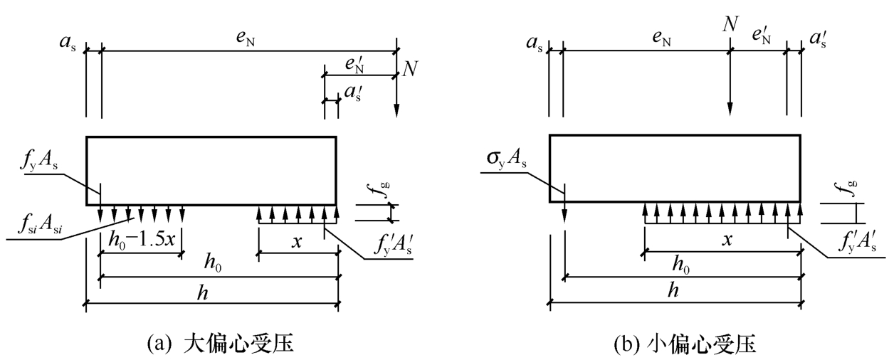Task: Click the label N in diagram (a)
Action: (411, 69)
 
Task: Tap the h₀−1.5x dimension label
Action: (142, 239)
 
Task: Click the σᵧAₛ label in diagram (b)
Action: (507, 159)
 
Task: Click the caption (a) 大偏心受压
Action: (220, 344)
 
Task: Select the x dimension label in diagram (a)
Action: (297, 241)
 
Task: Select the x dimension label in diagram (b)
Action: (727, 239)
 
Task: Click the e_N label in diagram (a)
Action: (246, 38)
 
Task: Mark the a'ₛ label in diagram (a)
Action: (353, 93)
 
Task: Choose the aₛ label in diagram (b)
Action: (535, 43)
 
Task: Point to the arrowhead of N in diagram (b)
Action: (730, 115)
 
